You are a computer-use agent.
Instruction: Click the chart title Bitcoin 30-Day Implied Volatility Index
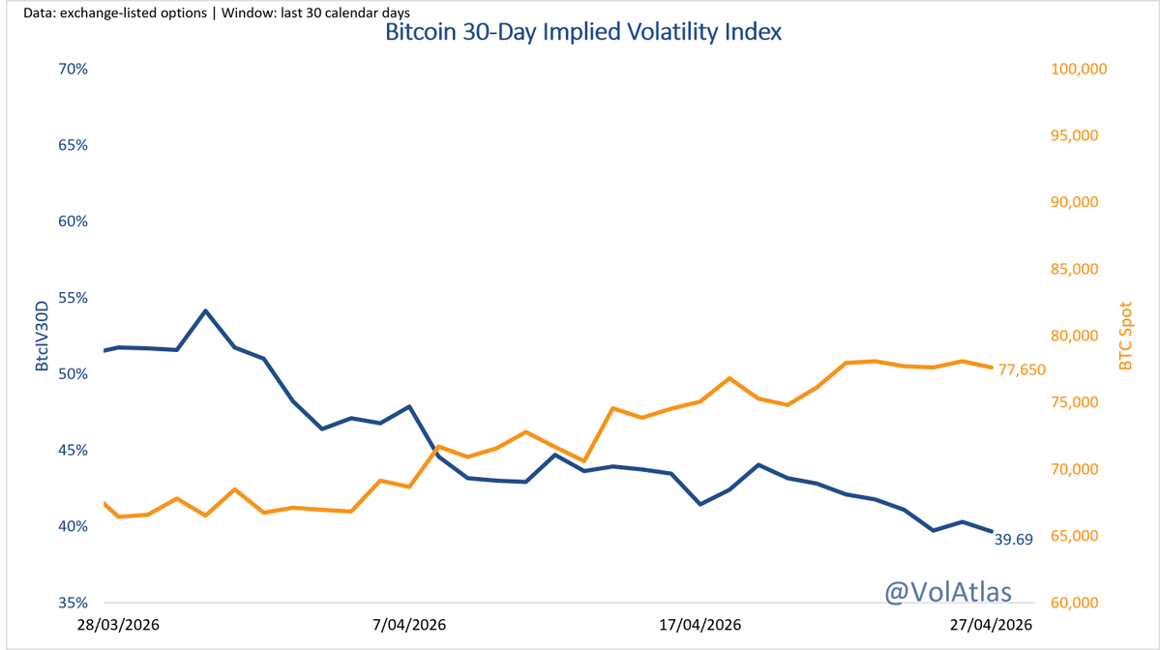[582, 32]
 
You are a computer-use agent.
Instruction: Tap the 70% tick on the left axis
[74, 70]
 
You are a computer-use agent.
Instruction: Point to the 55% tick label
[74, 298]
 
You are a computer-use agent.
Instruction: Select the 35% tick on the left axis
[74, 603]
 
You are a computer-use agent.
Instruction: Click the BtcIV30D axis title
[43, 336]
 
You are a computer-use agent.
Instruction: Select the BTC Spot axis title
[1124, 336]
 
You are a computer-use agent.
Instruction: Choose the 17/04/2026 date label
[699, 626]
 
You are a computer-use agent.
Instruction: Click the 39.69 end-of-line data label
[1014, 540]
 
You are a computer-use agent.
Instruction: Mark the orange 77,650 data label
[1020, 369]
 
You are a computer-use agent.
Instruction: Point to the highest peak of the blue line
[205, 310]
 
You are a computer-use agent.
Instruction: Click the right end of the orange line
[992, 367]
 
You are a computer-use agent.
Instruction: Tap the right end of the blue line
[992, 530]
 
